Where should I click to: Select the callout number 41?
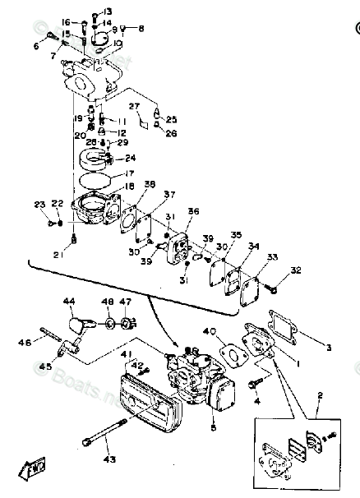126,354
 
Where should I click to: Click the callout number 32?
296,270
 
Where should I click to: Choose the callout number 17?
129,173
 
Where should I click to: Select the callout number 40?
210,333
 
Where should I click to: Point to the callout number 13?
108,11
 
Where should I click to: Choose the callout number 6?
36,46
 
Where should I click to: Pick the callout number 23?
39,204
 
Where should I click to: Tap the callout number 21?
76,254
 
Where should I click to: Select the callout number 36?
194,211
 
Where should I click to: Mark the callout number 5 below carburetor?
212,427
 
